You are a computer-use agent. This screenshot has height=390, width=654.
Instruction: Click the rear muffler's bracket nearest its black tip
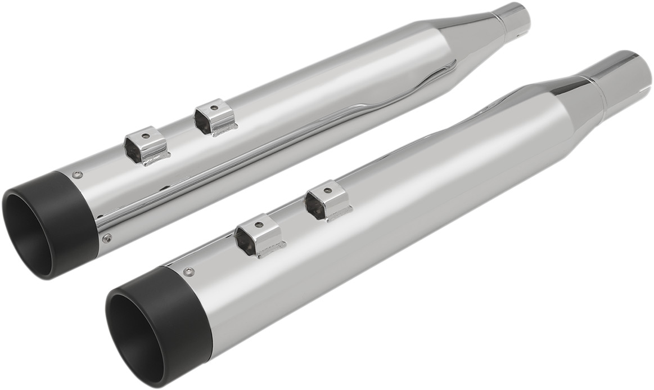147,147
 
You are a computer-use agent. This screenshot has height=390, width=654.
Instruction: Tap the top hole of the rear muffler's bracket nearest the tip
145,136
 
